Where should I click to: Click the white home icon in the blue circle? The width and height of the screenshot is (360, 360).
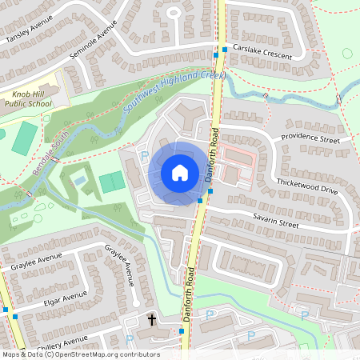click(x=179, y=172)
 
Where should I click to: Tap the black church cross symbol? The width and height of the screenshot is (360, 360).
click(x=152, y=320)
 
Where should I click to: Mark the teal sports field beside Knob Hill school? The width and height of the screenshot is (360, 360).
click(x=25, y=138)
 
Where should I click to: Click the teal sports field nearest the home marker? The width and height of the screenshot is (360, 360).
click(x=112, y=182)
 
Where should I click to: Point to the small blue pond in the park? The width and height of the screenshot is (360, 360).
click(x=80, y=182)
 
